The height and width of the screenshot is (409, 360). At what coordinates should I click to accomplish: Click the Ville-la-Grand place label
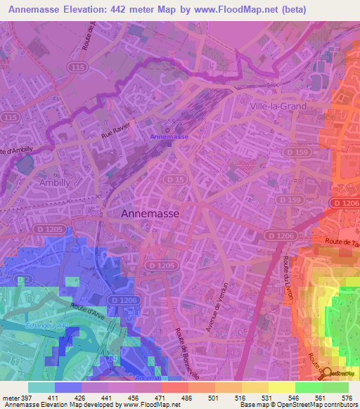[279, 106]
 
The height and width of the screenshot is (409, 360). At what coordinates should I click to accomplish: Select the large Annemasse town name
[150, 213]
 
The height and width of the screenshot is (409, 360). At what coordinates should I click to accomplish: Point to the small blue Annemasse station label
[169, 136]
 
